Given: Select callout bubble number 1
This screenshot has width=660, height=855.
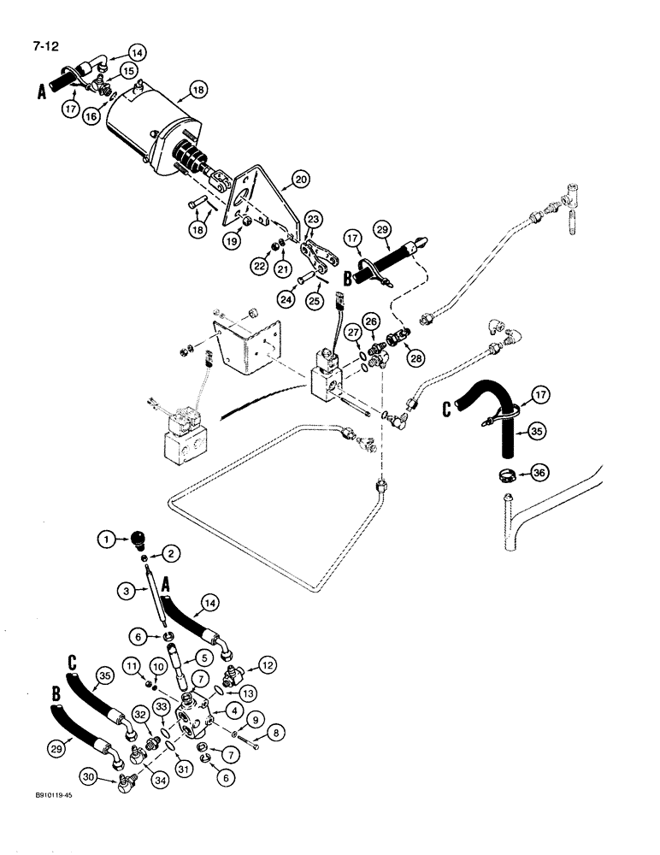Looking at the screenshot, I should [x=105, y=539].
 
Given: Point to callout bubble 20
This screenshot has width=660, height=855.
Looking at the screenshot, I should [x=301, y=179].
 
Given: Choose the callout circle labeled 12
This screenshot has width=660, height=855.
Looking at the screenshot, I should [x=266, y=664].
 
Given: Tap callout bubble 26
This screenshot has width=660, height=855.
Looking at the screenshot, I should [x=369, y=321].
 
